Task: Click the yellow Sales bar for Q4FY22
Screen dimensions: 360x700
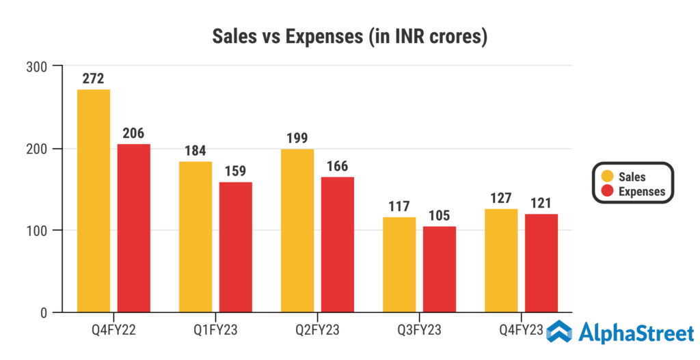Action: [94, 201]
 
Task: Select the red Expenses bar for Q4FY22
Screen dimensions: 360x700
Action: [133, 228]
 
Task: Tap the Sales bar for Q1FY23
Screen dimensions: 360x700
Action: [196, 237]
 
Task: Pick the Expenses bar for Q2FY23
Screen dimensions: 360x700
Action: [337, 245]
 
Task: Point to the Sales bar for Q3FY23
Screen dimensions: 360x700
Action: [399, 264]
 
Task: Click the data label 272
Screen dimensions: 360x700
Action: [94, 79]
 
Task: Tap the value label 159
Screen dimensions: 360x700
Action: [236, 171]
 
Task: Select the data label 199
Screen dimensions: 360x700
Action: [297, 138]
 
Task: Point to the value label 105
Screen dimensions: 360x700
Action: [440, 215]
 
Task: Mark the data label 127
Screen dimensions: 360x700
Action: [501, 198]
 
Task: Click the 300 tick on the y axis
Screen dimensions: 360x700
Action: [36, 67]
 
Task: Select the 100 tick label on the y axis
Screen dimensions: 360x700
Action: [36, 231]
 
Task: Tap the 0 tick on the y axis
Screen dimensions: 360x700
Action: [42, 313]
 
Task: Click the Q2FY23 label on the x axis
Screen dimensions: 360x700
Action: [317, 331]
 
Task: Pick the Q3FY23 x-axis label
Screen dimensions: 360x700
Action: [419, 331]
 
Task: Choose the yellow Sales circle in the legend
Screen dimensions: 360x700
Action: [606, 177]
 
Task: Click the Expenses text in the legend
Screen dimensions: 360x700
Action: [641, 191]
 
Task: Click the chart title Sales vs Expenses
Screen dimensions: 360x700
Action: [349, 36]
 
